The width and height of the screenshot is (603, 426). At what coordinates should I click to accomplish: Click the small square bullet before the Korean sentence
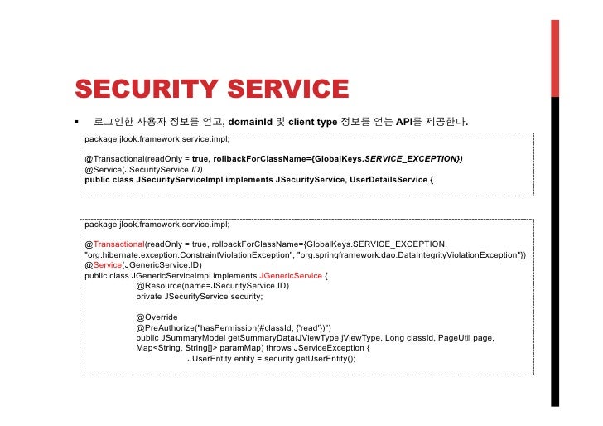(75, 123)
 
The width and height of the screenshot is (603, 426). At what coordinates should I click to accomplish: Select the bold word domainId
(254, 123)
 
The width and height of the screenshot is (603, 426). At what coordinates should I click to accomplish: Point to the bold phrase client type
(312, 123)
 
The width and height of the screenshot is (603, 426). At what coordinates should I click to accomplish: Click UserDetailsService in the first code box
(389, 178)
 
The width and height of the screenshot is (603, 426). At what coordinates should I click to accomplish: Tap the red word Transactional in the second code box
(118, 244)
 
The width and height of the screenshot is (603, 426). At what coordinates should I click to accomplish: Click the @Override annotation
(157, 317)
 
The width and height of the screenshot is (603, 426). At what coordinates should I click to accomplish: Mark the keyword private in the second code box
(149, 296)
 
